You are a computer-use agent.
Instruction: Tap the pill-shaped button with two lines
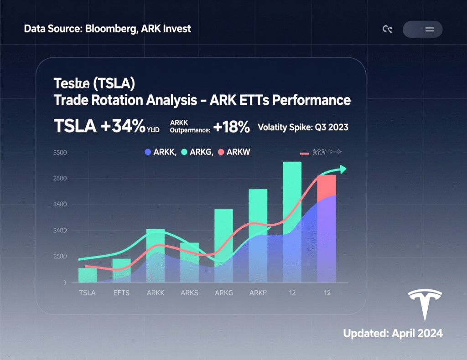pyautogui.click(x=422, y=30)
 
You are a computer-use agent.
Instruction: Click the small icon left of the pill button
pyautogui.click(x=387, y=30)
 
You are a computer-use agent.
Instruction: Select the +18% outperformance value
pyautogui.click(x=231, y=127)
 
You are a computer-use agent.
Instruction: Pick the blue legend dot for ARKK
pyautogui.click(x=147, y=152)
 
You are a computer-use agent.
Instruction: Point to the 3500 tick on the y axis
pyautogui.click(x=60, y=153)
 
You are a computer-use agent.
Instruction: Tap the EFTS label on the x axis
pyautogui.click(x=122, y=293)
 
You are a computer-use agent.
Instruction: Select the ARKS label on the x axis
pyautogui.click(x=189, y=293)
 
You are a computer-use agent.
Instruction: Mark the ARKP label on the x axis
pyautogui.click(x=258, y=293)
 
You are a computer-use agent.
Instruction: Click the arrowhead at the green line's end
pyautogui.click(x=342, y=169)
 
